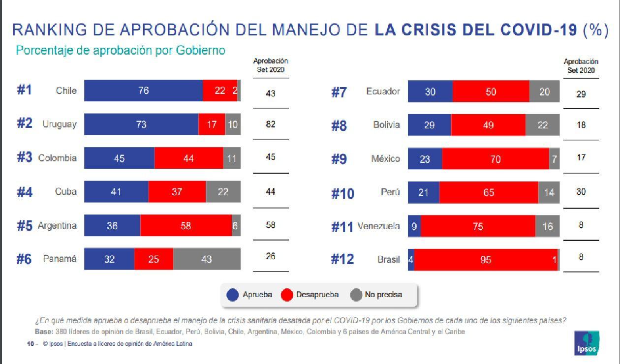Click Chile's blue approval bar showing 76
(x=143, y=91)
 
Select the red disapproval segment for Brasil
(x=486, y=260)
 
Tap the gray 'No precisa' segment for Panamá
(x=207, y=259)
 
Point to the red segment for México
(x=495, y=159)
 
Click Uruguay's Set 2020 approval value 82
(x=270, y=124)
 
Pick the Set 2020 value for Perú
(x=581, y=192)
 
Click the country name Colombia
(x=58, y=158)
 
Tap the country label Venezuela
(x=378, y=226)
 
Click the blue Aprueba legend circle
(x=233, y=295)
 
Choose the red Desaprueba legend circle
(x=287, y=295)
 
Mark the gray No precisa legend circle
(x=356, y=295)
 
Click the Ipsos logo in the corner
(x=587, y=343)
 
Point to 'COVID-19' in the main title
(x=538, y=30)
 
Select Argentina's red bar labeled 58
(x=186, y=226)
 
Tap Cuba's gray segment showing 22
(x=223, y=192)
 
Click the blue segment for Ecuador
(x=430, y=92)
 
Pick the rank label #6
(x=24, y=259)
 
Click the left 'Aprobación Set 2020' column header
(x=270, y=65)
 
